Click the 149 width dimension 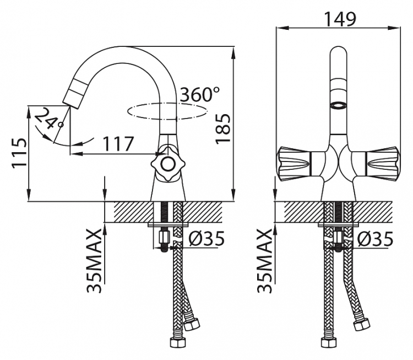click(340, 19)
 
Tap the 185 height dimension click(223, 129)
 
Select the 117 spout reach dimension click(118, 144)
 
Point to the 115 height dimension click(19, 152)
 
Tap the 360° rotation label click(199, 94)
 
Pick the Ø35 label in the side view click(206, 238)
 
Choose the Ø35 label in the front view click(375, 239)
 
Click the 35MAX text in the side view click(94, 261)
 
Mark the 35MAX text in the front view click(264, 261)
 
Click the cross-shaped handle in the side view click(167, 164)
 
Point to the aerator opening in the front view click(338, 106)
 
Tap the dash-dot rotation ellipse click(167, 111)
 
